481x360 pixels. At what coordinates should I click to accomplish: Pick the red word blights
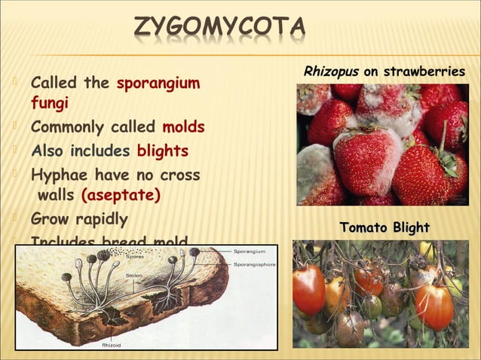click(162, 151)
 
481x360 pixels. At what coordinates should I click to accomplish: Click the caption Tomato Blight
click(384, 227)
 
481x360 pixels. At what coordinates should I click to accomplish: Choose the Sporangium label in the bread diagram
click(250, 250)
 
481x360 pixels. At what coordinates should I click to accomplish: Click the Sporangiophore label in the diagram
click(254, 264)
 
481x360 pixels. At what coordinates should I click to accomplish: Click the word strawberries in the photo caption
click(424, 72)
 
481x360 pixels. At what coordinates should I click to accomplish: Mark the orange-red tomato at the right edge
click(435, 305)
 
